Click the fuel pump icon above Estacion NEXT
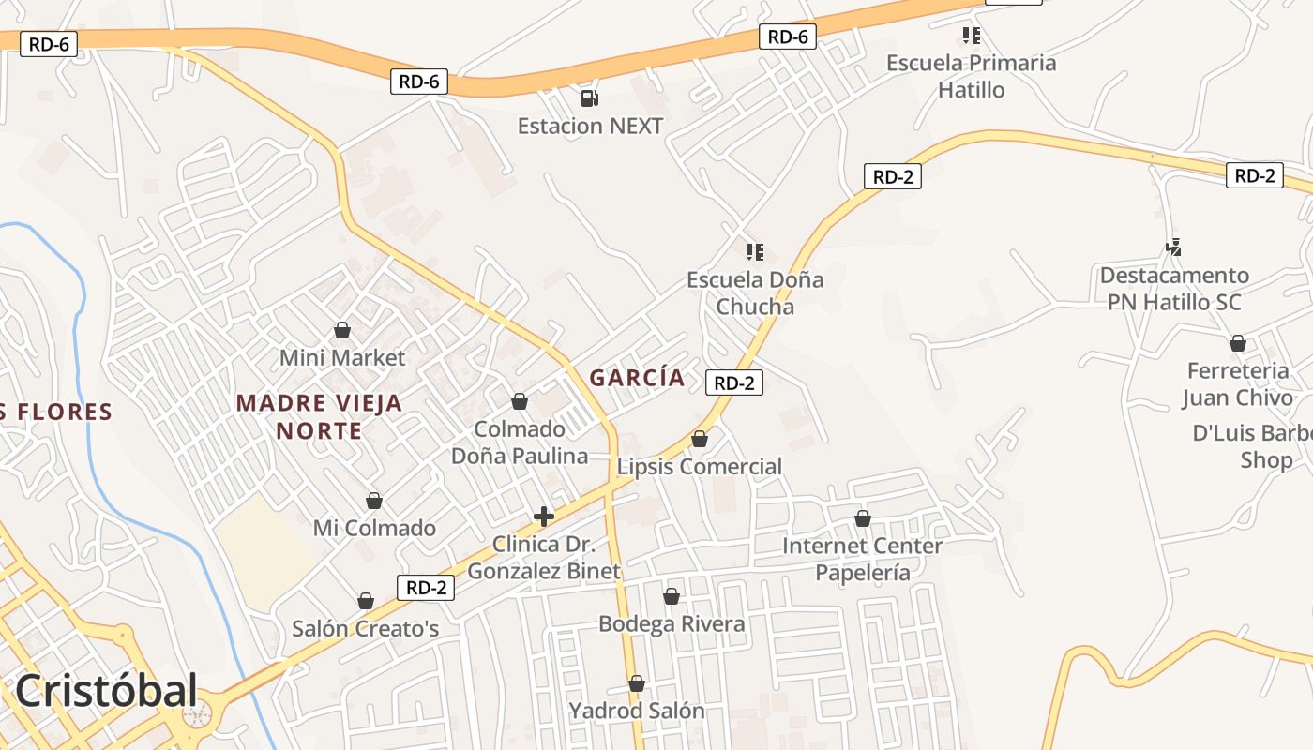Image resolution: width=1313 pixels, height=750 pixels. (589, 97)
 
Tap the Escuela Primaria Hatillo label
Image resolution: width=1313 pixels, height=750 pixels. (971, 77)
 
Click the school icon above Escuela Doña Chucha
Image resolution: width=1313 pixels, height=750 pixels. (755, 251)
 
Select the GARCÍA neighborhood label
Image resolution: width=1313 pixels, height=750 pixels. (637, 378)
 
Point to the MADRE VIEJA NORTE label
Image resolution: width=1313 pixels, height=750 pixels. (319, 417)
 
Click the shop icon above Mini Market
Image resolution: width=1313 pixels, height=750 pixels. (342, 330)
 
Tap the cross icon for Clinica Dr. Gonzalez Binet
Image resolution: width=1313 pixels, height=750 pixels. (543, 517)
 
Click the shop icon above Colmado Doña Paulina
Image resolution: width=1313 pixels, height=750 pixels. (520, 401)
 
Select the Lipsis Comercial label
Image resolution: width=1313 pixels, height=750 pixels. (700, 466)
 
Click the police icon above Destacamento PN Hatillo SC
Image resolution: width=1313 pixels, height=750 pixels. (1174, 247)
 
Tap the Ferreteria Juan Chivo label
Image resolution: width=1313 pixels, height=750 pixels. (1237, 384)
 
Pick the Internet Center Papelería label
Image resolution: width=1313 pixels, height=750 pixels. (862, 559)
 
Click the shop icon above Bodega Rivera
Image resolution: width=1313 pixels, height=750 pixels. (672, 596)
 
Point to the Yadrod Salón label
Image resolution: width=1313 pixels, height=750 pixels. (636, 711)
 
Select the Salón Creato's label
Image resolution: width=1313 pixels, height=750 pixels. (365, 628)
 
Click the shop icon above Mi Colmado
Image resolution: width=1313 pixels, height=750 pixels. (374, 501)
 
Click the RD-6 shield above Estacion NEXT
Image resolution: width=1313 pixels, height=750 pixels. (419, 82)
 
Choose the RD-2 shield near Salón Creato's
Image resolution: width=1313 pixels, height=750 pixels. (426, 588)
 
